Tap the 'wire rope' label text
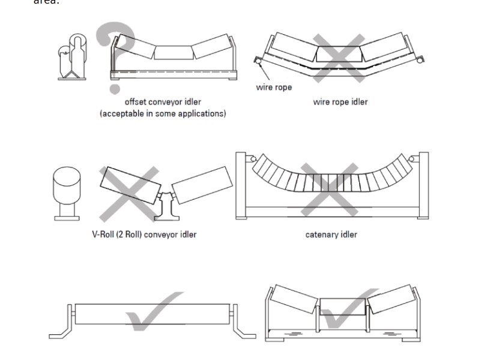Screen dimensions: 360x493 tap(274, 88)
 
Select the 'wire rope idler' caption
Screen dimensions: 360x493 tap(340, 102)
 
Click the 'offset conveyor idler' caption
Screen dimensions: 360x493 tap(163, 102)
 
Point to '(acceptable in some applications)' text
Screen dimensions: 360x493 tap(163, 113)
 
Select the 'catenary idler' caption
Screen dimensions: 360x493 tap(331, 234)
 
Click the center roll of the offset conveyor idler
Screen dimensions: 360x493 tap(172, 52)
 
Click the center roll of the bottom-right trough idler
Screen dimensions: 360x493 tap(342, 307)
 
